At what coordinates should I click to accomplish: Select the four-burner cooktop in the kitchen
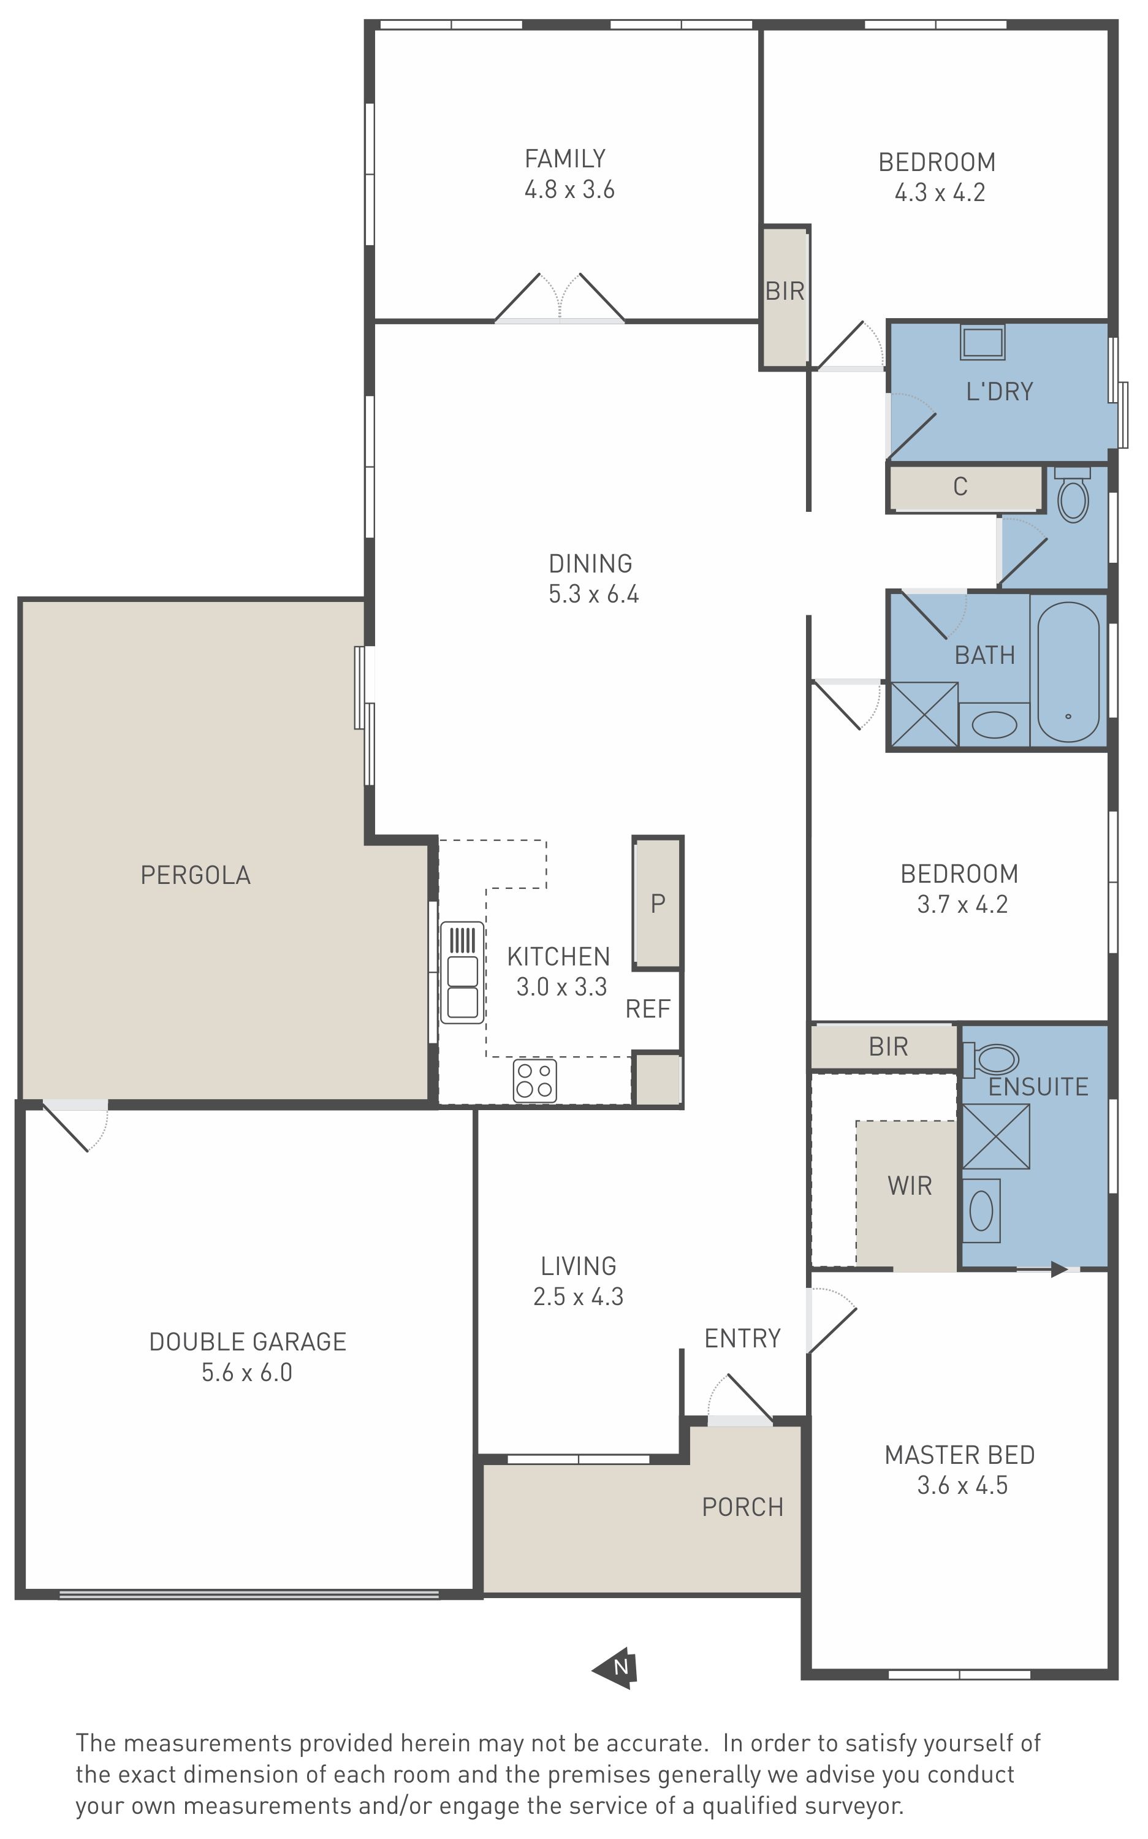[534, 1081]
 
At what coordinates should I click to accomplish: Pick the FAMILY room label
[565, 159]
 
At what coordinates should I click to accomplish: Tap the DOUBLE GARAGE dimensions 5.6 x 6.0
[247, 1373]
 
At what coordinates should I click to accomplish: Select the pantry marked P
[658, 903]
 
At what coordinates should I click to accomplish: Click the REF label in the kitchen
[648, 1009]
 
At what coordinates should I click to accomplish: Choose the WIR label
[910, 1186]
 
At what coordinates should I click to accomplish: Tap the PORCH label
[743, 1507]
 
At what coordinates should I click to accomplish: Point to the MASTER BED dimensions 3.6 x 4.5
[962, 1485]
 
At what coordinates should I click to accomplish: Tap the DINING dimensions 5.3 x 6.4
[594, 594]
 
